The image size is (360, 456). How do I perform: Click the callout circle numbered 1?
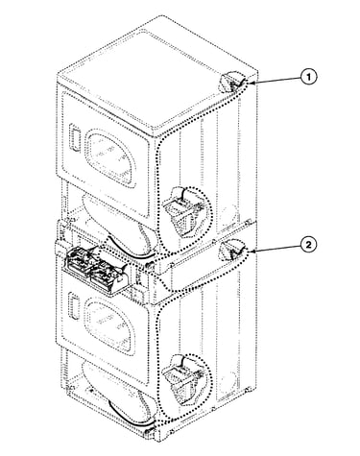pos(308,77)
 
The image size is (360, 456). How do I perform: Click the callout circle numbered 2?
pos(308,245)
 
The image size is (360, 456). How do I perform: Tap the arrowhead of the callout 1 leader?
pos(251,83)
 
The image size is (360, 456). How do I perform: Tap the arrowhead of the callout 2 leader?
pos(251,252)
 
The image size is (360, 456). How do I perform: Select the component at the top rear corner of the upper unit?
pos(232,82)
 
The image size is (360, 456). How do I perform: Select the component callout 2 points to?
pos(231,250)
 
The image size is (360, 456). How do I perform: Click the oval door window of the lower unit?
pos(109,324)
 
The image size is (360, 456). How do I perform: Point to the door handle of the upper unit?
pos(74,136)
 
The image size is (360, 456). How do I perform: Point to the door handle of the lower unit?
pos(74,306)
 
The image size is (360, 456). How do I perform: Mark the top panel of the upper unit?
pos(156,77)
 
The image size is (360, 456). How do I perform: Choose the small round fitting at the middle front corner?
pos(149,265)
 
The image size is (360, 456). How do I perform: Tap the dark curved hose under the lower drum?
pos(128,416)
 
